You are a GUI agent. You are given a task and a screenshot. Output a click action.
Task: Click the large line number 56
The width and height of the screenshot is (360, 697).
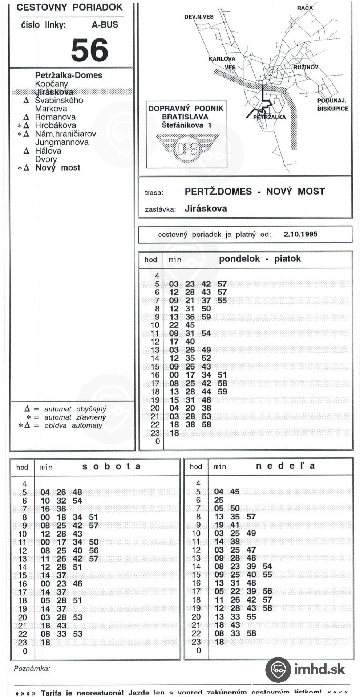click(x=89, y=50)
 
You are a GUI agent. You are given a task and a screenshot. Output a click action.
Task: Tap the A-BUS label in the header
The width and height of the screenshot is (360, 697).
click(x=105, y=25)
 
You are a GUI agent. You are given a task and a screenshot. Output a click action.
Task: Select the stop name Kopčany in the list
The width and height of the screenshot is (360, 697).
click(x=51, y=84)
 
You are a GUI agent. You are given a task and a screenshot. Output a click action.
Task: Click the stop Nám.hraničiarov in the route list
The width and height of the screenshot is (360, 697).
click(x=65, y=134)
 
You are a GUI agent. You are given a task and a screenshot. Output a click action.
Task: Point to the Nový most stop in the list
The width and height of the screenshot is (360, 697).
click(x=57, y=168)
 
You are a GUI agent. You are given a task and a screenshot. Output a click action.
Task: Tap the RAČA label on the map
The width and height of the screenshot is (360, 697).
click(x=304, y=8)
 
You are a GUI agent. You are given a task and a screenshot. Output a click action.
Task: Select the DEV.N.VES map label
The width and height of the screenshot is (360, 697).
click(x=199, y=17)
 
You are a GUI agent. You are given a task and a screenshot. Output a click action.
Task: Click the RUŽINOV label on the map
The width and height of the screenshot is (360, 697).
click(x=306, y=67)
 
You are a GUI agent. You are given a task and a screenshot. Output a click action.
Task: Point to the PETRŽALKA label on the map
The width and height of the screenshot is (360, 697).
click(x=269, y=117)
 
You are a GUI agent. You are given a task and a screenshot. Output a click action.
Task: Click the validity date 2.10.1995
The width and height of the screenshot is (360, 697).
click(x=300, y=234)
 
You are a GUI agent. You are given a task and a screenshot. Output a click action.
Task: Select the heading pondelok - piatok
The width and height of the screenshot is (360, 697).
click(x=260, y=259)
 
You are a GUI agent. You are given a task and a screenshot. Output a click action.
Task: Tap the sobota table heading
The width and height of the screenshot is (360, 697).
click(x=111, y=466)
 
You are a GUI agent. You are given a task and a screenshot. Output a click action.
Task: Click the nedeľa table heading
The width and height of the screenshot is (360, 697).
click(x=285, y=466)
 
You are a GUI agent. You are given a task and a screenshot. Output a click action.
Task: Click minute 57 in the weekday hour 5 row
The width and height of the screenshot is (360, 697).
click(x=222, y=284)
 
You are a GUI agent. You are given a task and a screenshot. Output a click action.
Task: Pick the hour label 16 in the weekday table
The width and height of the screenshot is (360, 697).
click(x=155, y=375)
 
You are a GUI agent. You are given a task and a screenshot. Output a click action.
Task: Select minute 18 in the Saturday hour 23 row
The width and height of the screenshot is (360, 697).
click(x=45, y=642)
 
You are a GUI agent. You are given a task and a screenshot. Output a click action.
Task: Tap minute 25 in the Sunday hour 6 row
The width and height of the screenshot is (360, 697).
click(x=219, y=500)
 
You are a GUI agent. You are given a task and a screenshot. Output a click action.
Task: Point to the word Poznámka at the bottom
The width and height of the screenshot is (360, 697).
click(x=32, y=669)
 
